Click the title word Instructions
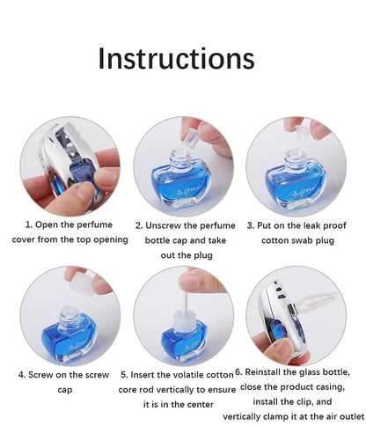coord(176,58)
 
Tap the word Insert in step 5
coord(150,374)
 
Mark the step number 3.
coord(251,225)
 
